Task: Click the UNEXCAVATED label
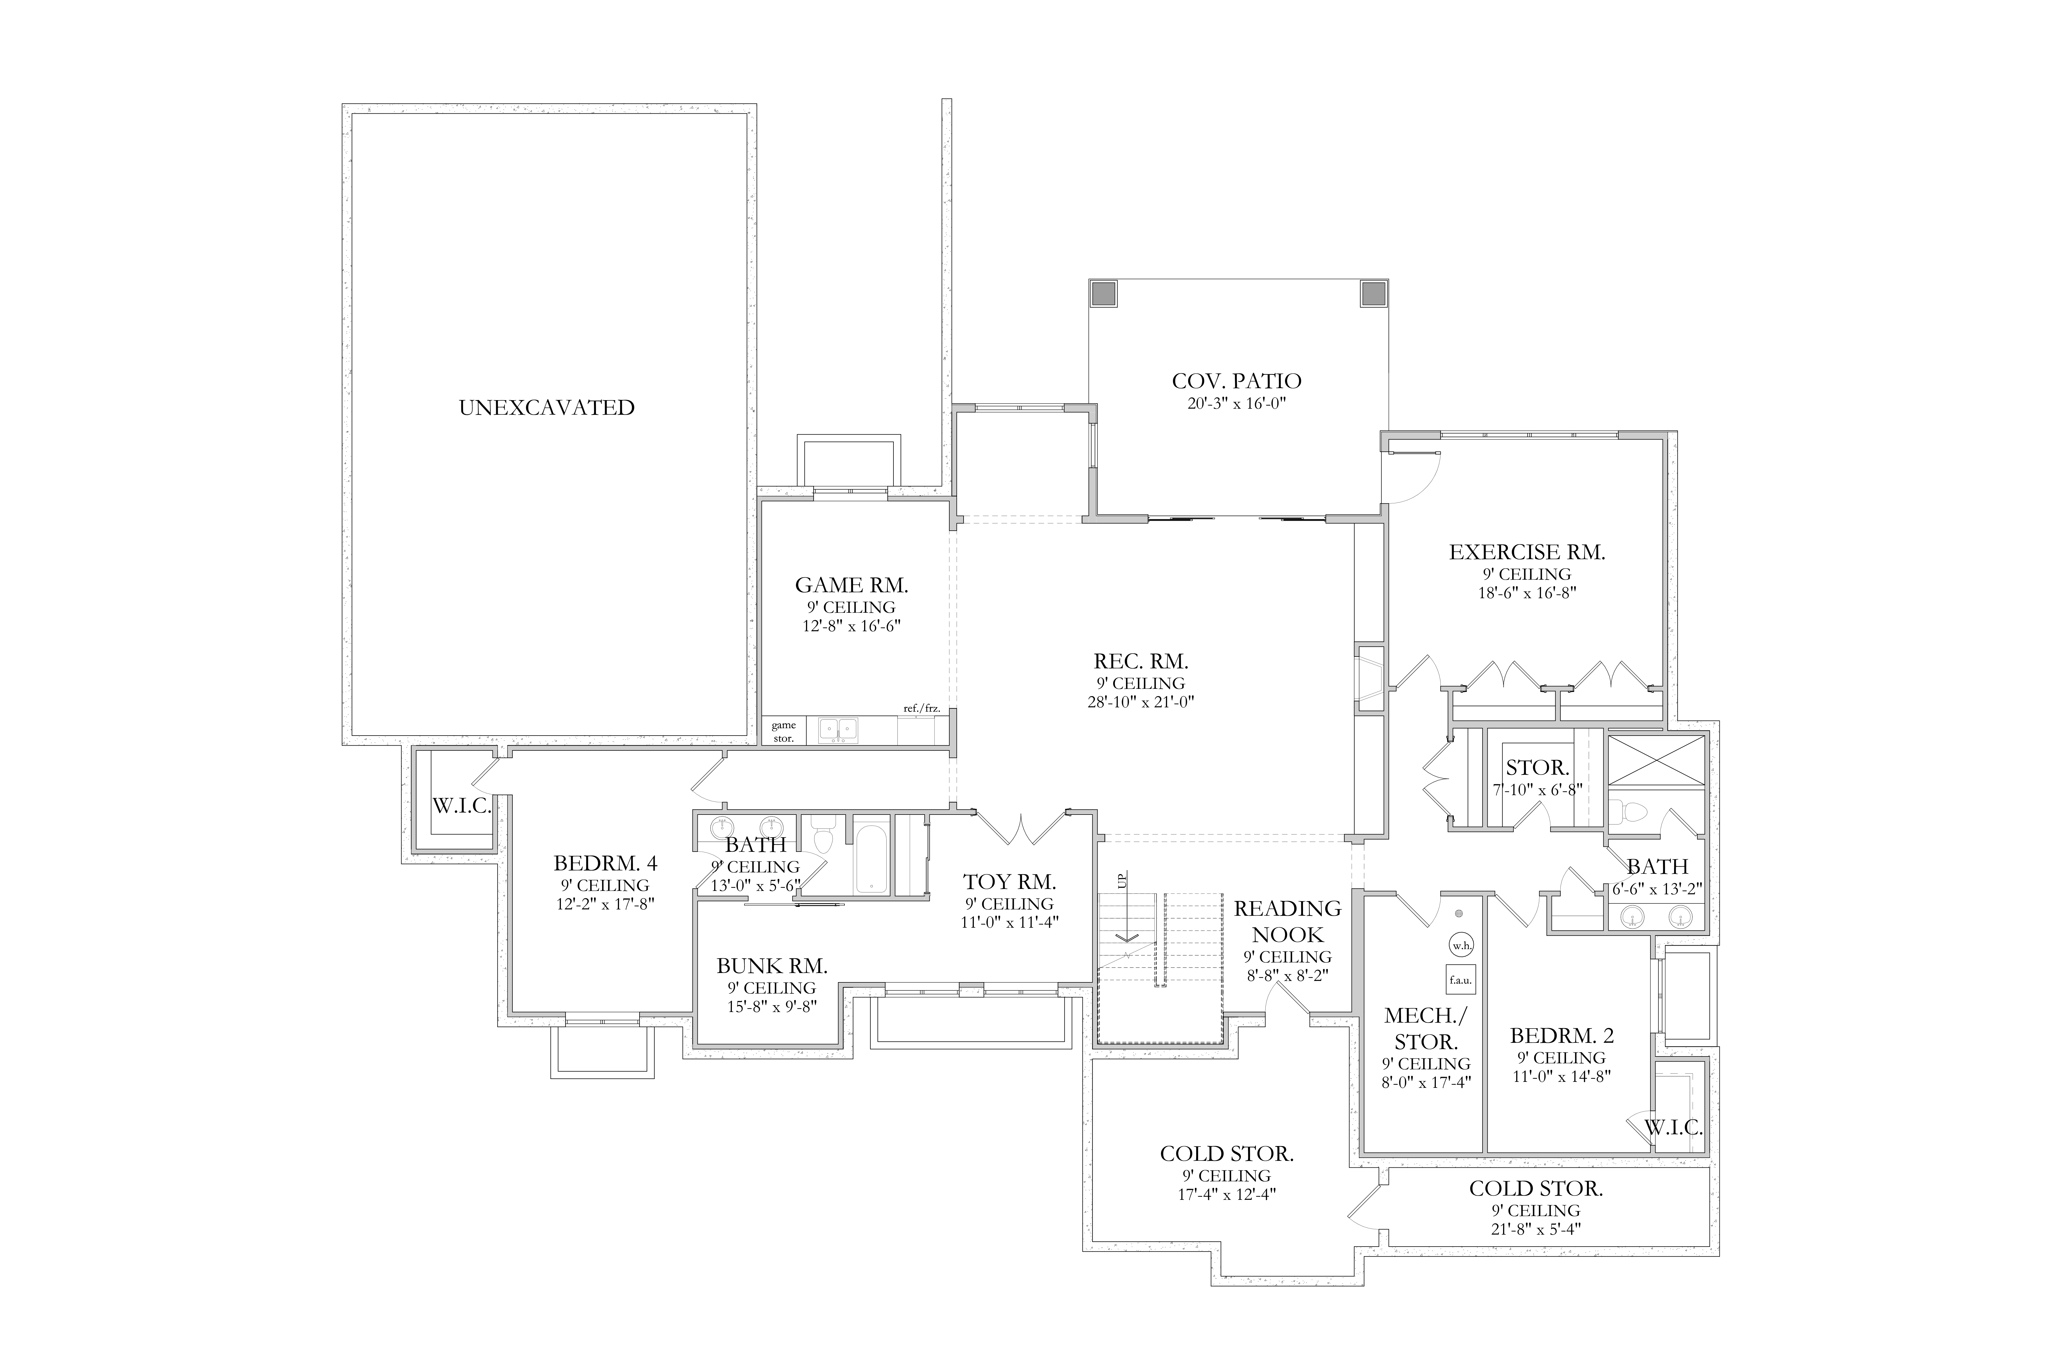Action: (547, 408)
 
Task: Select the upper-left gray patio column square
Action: (1104, 294)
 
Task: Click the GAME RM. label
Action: (852, 585)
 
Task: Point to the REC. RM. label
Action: (1141, 662)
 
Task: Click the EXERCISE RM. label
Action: (1527, 552)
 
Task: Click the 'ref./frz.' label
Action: (921, 709)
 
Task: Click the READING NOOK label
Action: (1288, 921)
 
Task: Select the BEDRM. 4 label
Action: (605, 864)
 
